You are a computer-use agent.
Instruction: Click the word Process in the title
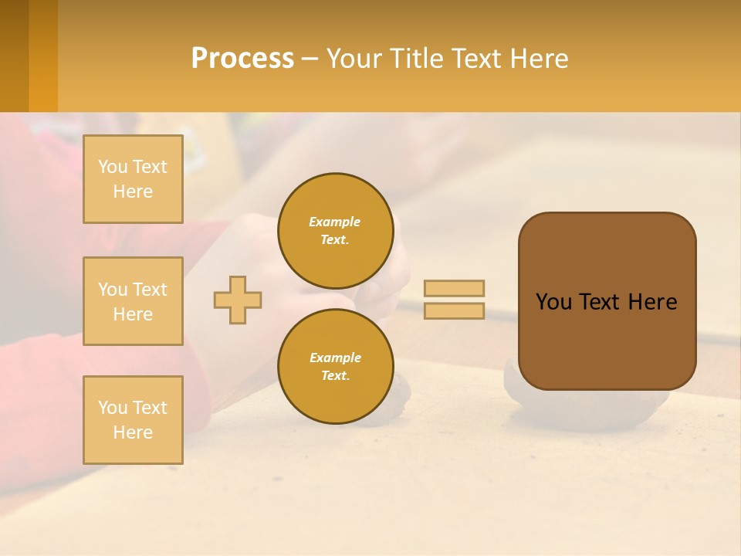(x=242, y=59)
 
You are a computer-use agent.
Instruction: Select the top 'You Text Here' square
(x=133, y=179)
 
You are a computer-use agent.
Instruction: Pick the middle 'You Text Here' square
(x=133, y=301)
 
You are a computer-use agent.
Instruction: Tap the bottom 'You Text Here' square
(x=133, y=420)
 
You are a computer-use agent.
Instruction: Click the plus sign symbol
(x=238, y=300)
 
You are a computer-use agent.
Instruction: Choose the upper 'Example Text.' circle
(x=335, y=230)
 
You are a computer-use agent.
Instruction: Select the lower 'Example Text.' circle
(x=335, y=366)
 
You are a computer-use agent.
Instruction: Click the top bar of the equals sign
(x=454, y=288)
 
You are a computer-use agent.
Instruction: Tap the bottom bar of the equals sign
(x=454, y=311)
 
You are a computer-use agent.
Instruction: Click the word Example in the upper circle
(x=335, y=222)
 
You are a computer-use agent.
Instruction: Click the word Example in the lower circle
(x=335, y=358)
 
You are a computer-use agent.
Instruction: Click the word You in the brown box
(x=553, y=302)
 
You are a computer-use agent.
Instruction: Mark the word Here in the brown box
(x=652, y=302)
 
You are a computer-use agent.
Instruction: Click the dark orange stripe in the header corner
(x=14, y=56)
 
